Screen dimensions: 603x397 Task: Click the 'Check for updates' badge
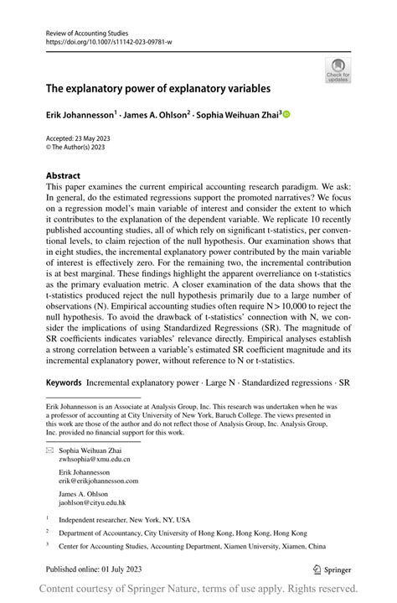(339, 69)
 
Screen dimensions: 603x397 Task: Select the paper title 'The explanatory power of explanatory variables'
(157, 87)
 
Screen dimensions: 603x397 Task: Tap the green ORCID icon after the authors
(286, 115)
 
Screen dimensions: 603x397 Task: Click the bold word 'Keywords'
(64, 382)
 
